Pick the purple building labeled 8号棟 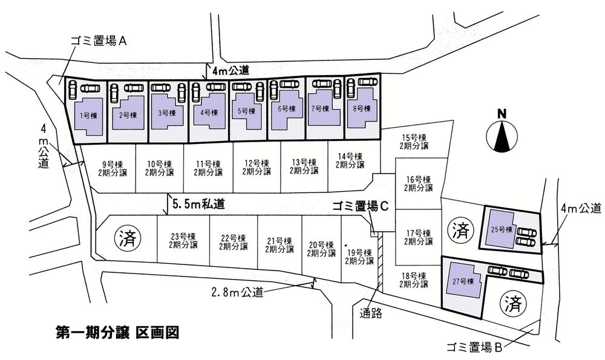click(x=361, y=109)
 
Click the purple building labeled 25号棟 click(x=500, y=229)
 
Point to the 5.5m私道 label click(x=198, y=205)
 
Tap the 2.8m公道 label click(x=237, y=292)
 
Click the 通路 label click(x=371, y=313)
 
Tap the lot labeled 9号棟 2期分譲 click(x=112, y=168)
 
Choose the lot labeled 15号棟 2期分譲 click(x=414, y=142)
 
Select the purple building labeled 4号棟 click(x=208, y=112)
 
